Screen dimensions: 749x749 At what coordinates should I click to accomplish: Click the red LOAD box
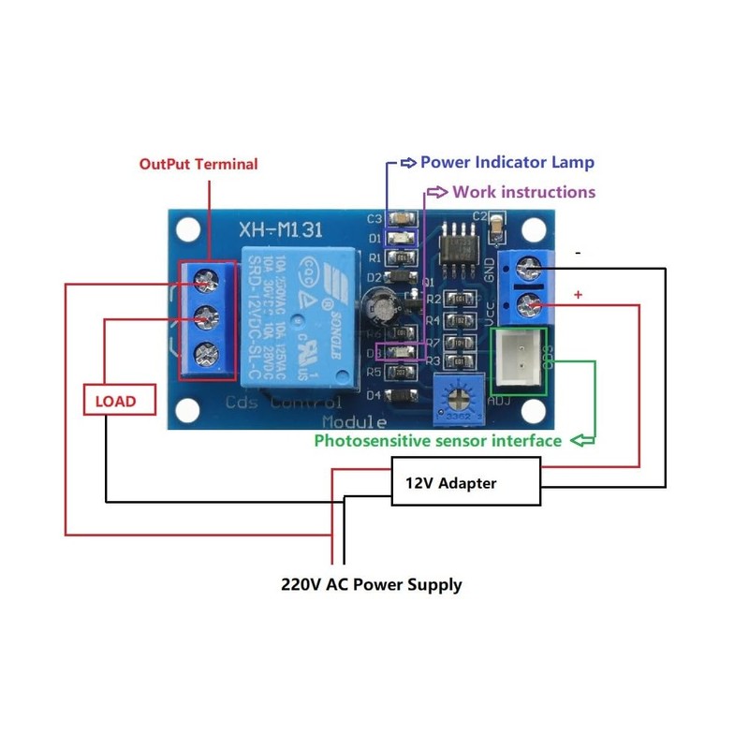pos(114,401)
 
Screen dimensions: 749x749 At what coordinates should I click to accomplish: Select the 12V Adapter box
pos(465,482)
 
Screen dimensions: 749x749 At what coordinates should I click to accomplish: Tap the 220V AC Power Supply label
pos(372,584)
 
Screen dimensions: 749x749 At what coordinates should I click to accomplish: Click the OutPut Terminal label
pos(198,164)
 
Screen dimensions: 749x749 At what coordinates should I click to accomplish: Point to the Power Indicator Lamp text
pos(507,162)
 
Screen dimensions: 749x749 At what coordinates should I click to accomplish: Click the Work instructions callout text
pos(523,192)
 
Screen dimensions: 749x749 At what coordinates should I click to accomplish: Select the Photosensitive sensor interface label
pos(437,440)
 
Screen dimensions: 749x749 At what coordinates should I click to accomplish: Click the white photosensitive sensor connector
pos(518,359)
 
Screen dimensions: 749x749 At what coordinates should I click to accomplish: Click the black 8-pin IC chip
pos(457,246)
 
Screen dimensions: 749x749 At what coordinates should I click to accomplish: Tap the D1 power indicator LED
pos(400,238)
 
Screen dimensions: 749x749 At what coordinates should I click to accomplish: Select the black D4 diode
pos(400,395)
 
